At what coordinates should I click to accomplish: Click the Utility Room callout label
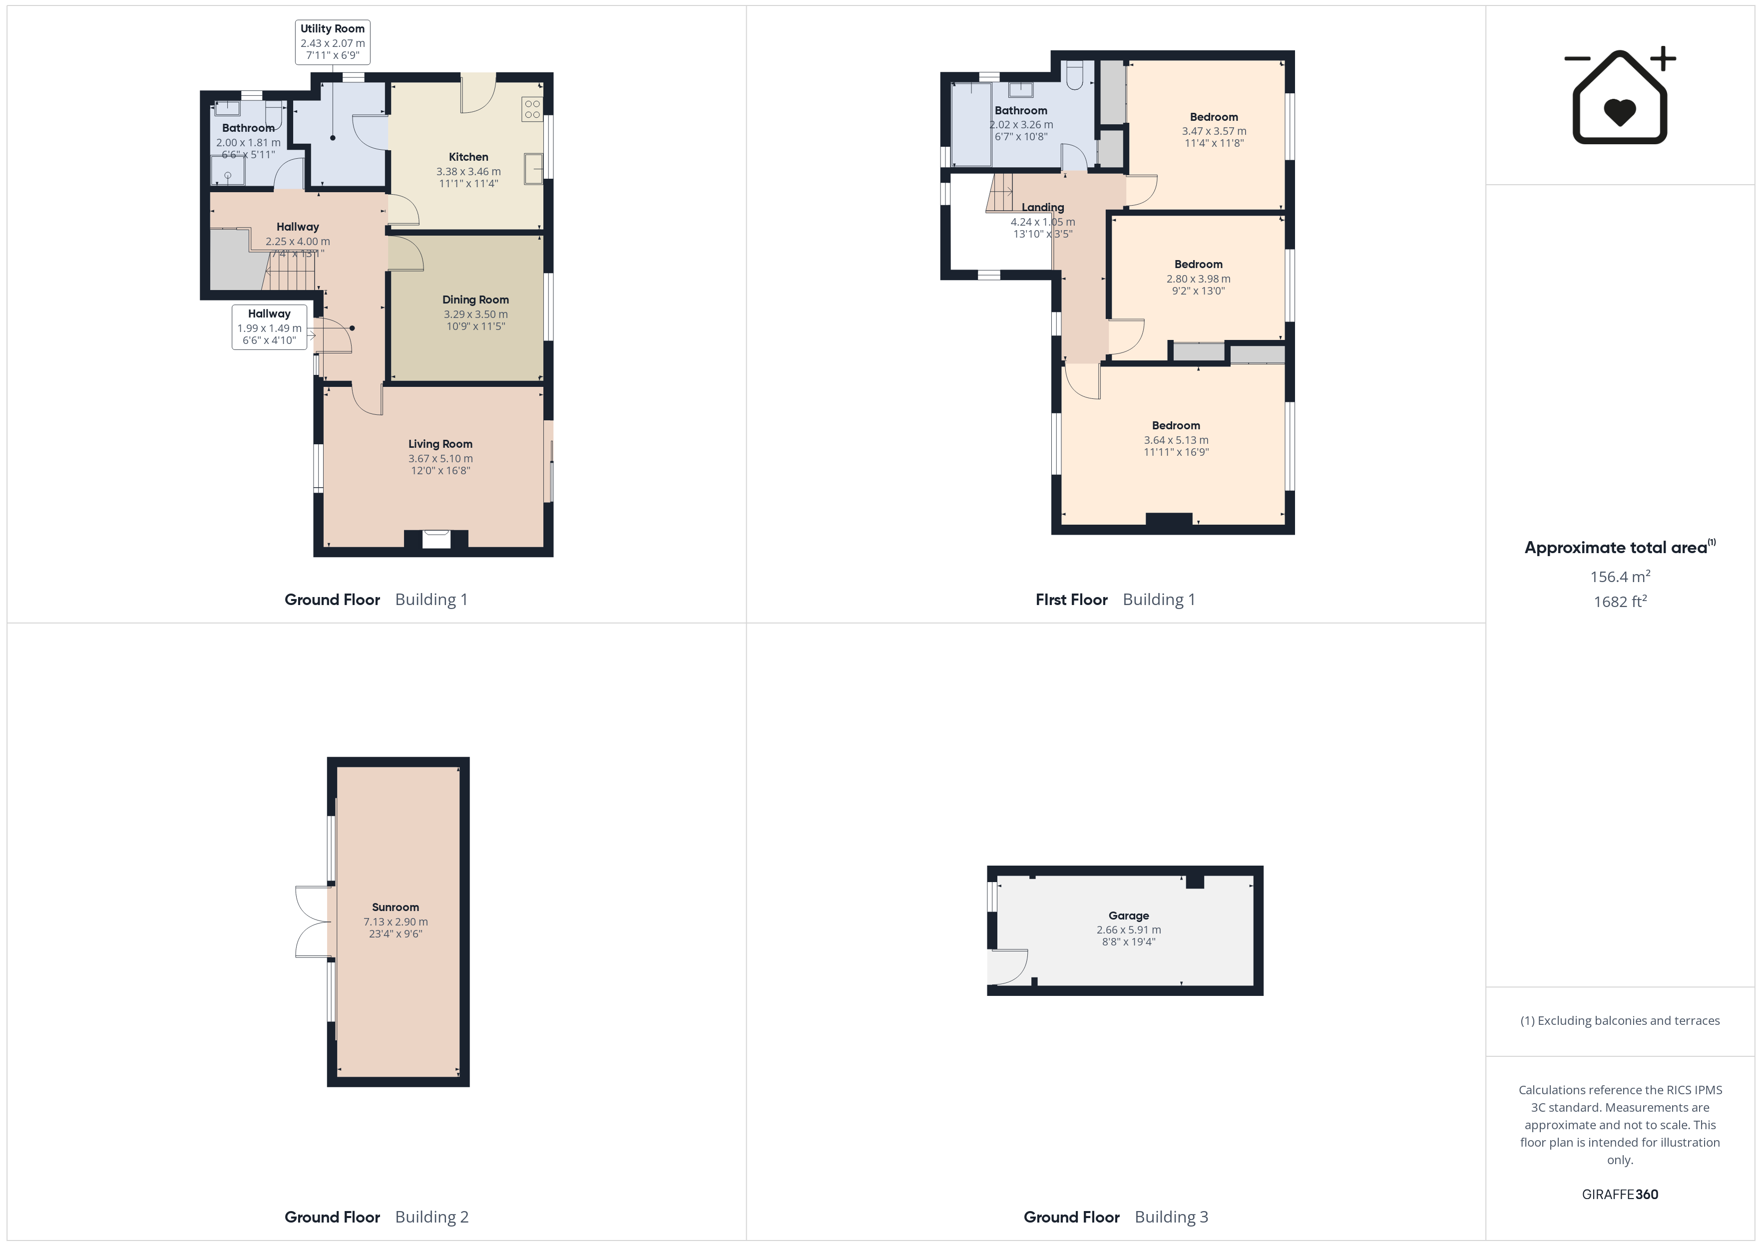pos(332,42)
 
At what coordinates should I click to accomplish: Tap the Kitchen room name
pos(468,157)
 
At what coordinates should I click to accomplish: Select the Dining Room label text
pos(475,299)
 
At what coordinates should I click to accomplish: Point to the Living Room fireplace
pos(436,539)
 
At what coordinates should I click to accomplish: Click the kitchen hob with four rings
pos(532,109)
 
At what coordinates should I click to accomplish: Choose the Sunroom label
pos(395,907)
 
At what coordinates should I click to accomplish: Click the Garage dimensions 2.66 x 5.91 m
pos(1128,929)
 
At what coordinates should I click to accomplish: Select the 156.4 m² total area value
pos(1619,576)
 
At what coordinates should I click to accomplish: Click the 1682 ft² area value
pos(1619,602)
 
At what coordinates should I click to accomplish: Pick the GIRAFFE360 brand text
pos(1619,1194)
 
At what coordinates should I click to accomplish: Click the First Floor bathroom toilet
pos(1074,74)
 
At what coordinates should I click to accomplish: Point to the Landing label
pos(1042,207)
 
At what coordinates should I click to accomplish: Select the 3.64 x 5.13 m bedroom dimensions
pos(1176,440)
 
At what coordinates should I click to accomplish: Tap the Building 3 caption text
pos(1171,1217)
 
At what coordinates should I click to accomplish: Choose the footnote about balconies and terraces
pos(1619,1020)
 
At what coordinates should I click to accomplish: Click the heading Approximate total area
pos(1616,547)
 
